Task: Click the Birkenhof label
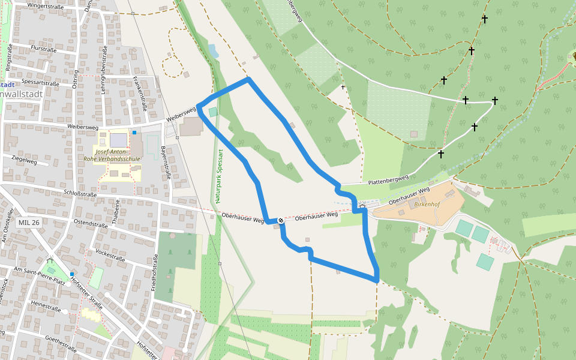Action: click(x=426, y=204)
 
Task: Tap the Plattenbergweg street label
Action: click(x=388, y=179)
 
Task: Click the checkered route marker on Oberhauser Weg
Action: click(x=280, y=221)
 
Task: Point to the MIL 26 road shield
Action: click(x=29, y=223)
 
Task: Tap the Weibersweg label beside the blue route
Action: click(x=181, y=113)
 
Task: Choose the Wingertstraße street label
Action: click(x=46, y=7)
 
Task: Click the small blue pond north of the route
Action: click(x=214, y=51)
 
